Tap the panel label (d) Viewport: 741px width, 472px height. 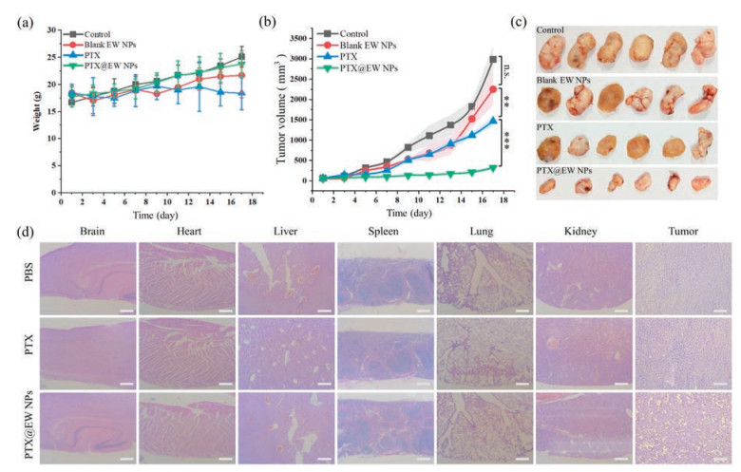tap(14, 231)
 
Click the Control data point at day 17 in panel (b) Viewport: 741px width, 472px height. tap(492, 60)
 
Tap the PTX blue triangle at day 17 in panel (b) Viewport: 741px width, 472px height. tap(492, 122)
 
